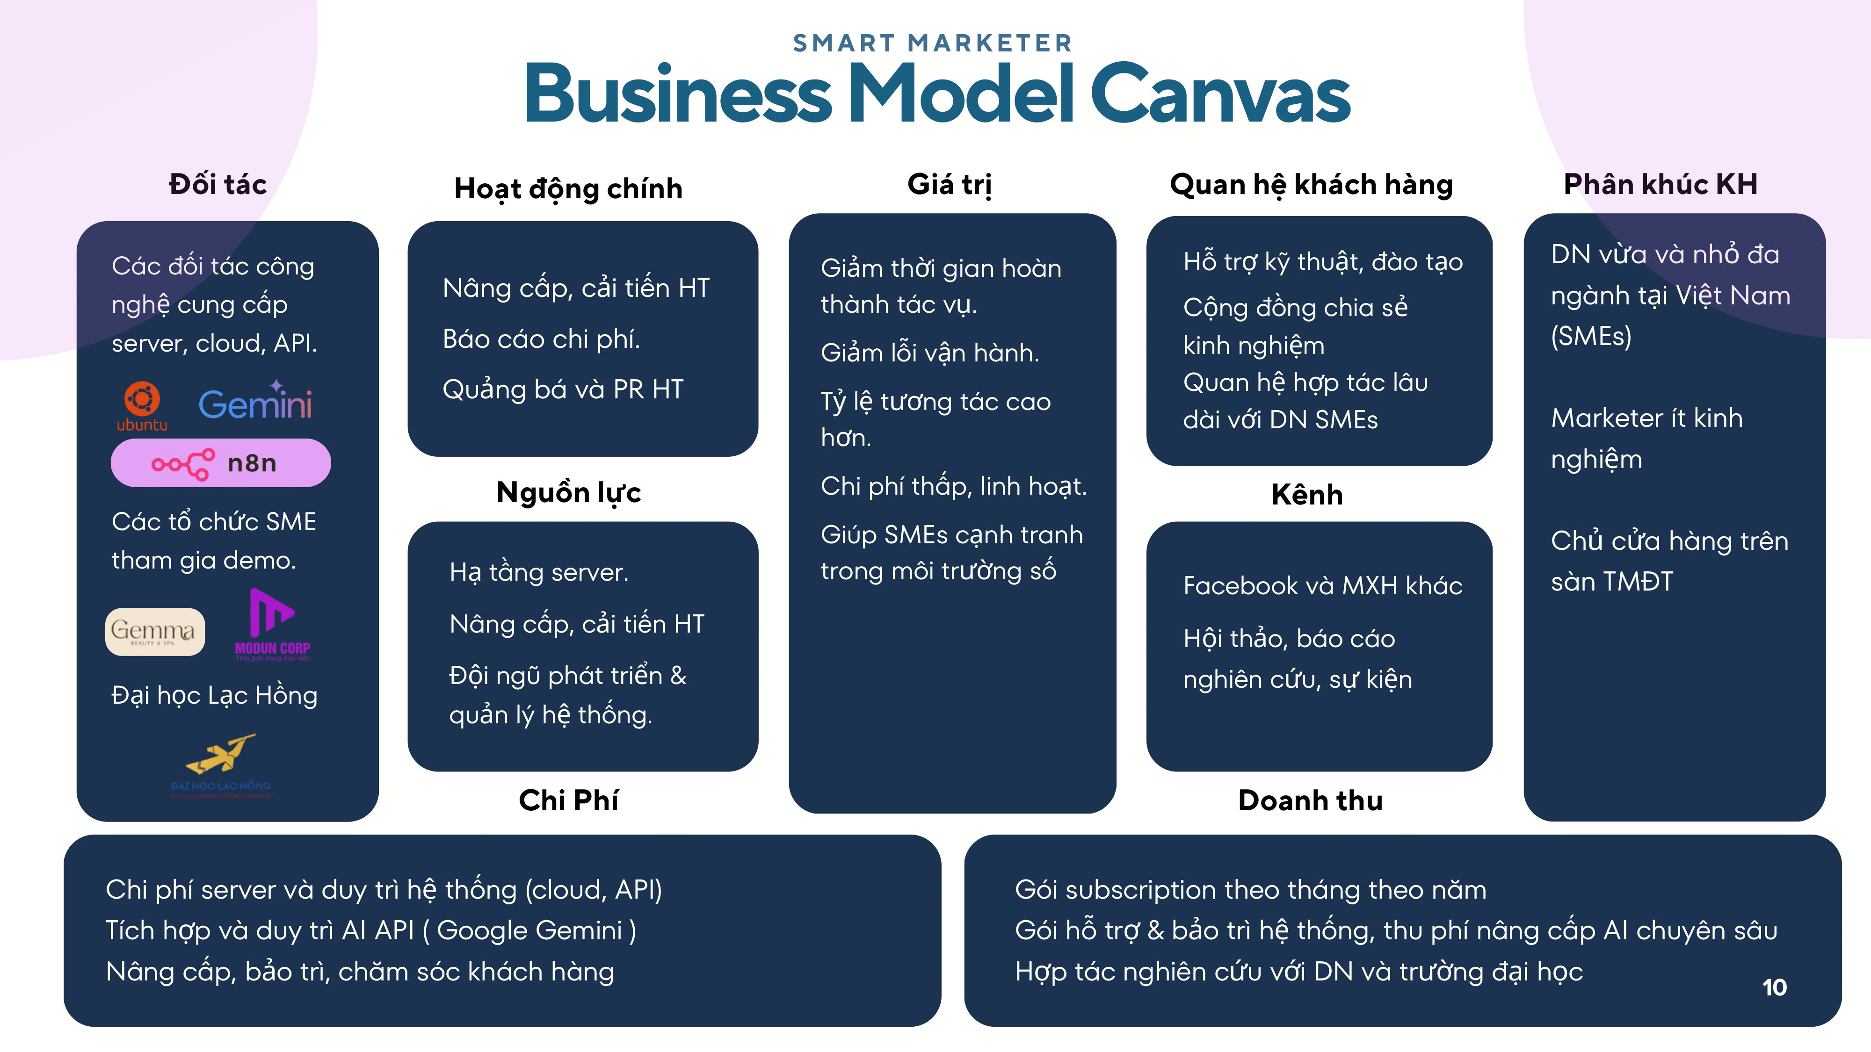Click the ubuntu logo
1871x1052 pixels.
pyautogui.click(x=142, y=405)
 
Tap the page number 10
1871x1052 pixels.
pyautogui.click(x=1774, y=987)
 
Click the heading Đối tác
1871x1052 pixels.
pyautogui.click(x=217, y=184)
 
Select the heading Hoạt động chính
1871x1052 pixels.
pyautogui.click(x=568, y=189)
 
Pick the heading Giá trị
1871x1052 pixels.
pyautogui.click(x=950, y=184)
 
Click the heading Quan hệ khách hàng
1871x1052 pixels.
pyautogui.click(x=1311, y=184)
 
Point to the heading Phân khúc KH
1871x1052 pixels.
pyautogui.click(x=1661, y=184)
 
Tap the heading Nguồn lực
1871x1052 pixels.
pyautogui.click(x=568, y=492)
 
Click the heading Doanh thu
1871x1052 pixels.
pyautogui.click(x=1310, y=800)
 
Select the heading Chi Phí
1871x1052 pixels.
pyautogui.click(x=568, y=800)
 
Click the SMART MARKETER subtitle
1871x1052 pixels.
pyautogui.click(x=933, y=43)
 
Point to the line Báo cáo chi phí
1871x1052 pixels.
pyautogui.click(x=541, y=339)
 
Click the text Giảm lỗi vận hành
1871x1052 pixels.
pyautogui.click(x=930, y=353)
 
